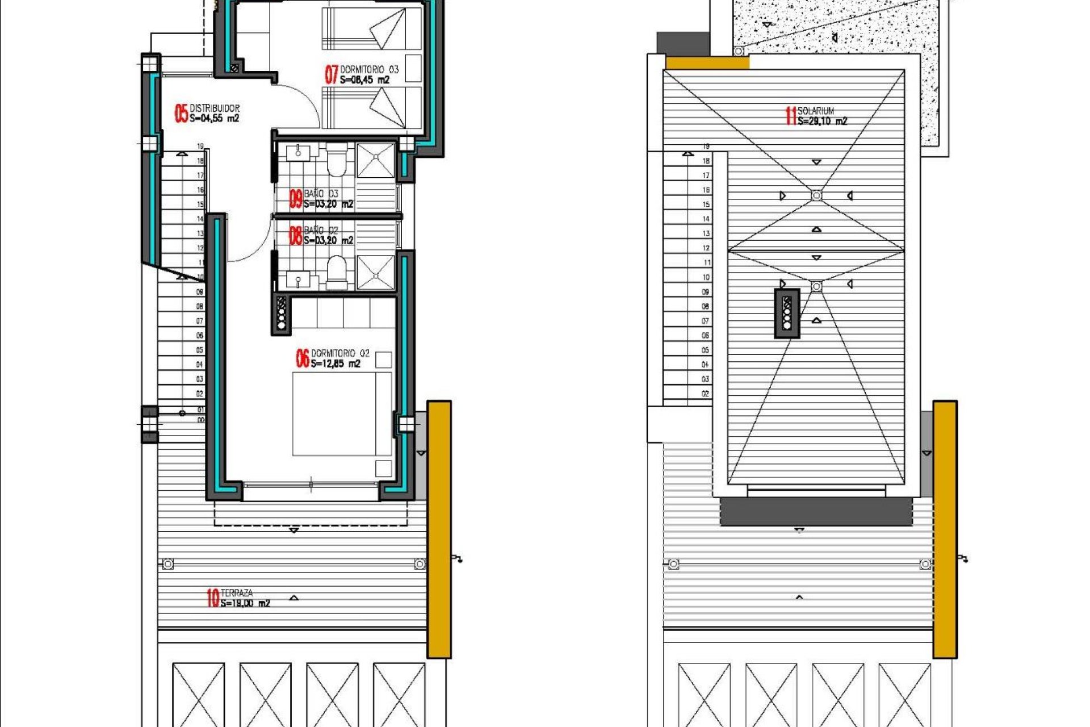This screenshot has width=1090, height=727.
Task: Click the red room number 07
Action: tap(331, 74)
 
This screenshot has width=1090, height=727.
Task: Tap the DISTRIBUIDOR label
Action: tap(214, 108)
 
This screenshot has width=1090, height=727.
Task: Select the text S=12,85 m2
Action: tap(335, 363)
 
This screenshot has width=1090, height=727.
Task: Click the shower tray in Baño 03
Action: tap(375, 160)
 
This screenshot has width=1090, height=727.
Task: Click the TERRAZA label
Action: tap(237, 593)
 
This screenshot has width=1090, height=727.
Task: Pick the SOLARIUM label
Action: tap(815, 111)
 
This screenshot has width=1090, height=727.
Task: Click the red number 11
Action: tap(790, 116)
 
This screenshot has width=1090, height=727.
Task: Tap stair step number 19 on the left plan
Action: tap(200, 147)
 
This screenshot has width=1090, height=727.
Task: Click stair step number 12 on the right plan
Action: tap(706, 248)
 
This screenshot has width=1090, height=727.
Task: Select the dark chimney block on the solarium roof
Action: tap(787, 314)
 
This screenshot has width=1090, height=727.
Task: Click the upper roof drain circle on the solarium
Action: tap(816, 195)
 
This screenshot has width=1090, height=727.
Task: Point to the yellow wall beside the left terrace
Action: tap(439, 528)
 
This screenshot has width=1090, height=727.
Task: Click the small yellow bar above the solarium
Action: tap(706, 62)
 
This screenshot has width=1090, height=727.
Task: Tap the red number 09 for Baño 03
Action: tap(296, 199)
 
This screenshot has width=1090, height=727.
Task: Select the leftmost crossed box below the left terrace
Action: tap(198, 694)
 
